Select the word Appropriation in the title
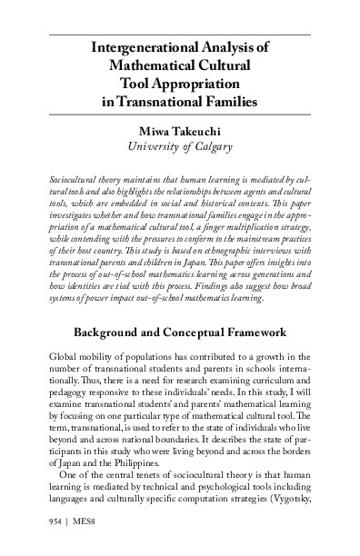220,82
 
